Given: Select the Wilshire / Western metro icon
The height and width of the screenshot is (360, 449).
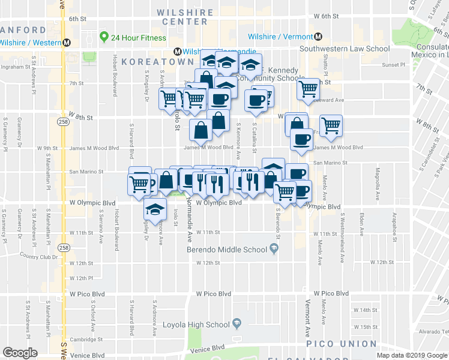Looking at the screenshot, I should pyautogui.click(x=67, y=42).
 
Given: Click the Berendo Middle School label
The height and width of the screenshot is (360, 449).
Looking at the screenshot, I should pyautogui.click(x=227, y=250).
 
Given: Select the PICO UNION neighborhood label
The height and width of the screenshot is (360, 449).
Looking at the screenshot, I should pyautogui.click(x=342, y=344).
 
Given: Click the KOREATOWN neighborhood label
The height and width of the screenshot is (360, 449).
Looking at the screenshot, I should pyautogui.click(x=157, y=62).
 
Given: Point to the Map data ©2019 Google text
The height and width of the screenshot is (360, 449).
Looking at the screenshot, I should pyautogui.click(x=412, y=355).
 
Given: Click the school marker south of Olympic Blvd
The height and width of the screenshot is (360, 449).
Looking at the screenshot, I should pyautogui.click(x=154, y=210).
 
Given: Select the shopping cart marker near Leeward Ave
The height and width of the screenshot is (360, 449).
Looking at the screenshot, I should pyautogui.click(x=309, y=89).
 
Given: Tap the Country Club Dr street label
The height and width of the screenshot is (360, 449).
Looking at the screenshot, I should pyautogui.click(x=38, y=257).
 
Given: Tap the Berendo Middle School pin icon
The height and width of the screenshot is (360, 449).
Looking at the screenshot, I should pyautogui.click(x=274, y=250).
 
